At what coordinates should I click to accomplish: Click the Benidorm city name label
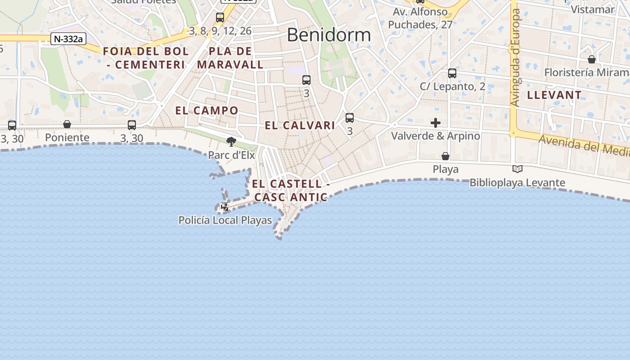click(328, 35)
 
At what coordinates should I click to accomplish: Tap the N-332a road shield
click(68, 39)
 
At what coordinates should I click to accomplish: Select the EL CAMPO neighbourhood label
click(207, 110)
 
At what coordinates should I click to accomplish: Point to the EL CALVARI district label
click(300, 126)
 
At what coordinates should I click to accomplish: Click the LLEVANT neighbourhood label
click(554, 95)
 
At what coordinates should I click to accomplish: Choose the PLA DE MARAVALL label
click(230, 58)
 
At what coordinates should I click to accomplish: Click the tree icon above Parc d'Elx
click(231, 142)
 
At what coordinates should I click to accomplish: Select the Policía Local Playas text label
click(225, 220)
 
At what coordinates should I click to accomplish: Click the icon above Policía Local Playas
click(225, 207)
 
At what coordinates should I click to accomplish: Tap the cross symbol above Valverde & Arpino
click(436, 123)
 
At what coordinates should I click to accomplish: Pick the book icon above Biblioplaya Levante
click(517, 169)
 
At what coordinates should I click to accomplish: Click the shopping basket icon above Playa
click(445, 156)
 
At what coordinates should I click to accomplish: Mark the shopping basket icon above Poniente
click(67, 124)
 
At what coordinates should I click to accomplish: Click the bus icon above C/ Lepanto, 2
click(452, 73)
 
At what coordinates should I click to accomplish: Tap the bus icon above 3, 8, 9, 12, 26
click(220, 18)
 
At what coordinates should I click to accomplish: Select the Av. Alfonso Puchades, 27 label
click(420, 18)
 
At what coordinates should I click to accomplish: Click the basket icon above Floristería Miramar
click(592, 59)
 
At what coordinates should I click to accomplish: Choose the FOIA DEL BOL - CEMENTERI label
click(146, 58)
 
